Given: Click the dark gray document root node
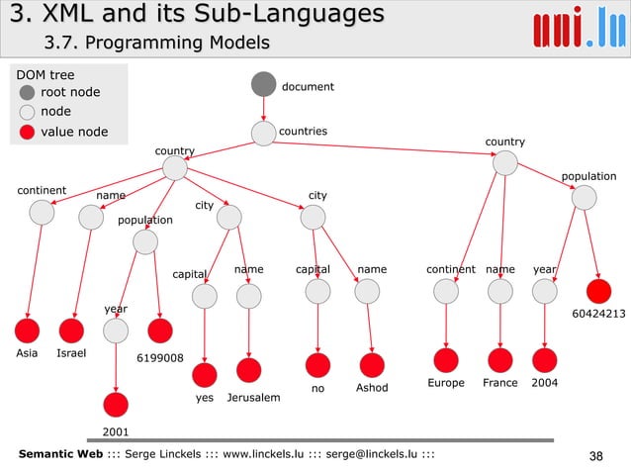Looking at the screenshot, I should click(x=263, y=85).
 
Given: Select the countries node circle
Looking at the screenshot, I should click(x=263, y=133).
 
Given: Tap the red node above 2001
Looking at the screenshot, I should click(x=116, y=404).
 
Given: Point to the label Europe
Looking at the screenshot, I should click(x=446, y=382).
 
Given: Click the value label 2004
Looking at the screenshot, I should click(x=546, y=382).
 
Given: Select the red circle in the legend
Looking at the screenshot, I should click(x=28, y=132).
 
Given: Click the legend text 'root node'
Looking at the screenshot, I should click(x=69, y=92).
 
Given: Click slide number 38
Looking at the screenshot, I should click(x=595, y=455).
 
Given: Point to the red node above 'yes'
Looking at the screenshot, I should click(x=205, y=375).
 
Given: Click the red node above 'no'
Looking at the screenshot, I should click(x=317, y=364).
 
